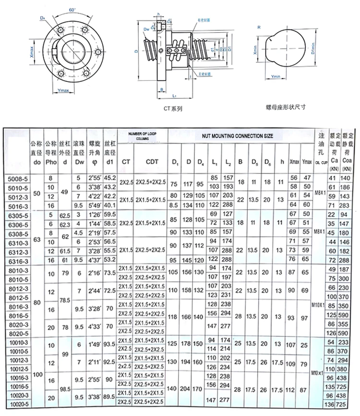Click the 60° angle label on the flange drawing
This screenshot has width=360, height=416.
point(72,9)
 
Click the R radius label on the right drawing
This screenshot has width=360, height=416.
point(259,28)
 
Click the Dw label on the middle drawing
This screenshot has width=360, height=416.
point(146,30)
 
